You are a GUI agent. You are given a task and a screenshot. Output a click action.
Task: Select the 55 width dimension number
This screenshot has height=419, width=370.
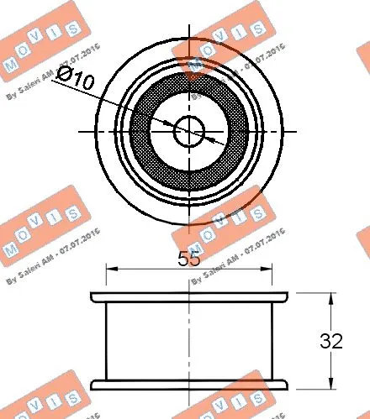point(190,259)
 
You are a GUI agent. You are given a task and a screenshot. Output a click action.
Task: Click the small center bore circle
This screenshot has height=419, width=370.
point(190,130)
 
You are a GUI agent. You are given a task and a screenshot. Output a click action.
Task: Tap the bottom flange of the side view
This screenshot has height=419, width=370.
point(190,385)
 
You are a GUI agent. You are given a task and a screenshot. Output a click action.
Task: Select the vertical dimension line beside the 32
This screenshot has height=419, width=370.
point(330,319)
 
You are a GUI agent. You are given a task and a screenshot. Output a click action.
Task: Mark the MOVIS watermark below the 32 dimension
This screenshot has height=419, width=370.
point(336,403)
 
